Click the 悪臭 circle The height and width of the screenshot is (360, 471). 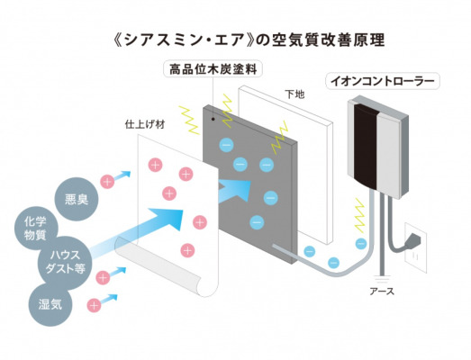77,199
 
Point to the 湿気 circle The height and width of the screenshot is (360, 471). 50,304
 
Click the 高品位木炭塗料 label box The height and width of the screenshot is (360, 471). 213,69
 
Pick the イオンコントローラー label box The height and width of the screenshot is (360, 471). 383,81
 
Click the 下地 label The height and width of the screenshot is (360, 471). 294,94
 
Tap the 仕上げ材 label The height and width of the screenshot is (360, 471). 145,124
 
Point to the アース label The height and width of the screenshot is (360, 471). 382,291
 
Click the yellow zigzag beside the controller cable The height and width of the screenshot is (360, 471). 359,215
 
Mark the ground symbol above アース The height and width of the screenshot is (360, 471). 382,278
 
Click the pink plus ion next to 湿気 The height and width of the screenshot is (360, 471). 94,305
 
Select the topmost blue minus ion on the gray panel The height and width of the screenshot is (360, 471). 226,145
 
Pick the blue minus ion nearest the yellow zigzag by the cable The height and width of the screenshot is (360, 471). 361,244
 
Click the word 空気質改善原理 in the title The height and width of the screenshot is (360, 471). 328,40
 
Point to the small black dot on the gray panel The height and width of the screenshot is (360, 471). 213,119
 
